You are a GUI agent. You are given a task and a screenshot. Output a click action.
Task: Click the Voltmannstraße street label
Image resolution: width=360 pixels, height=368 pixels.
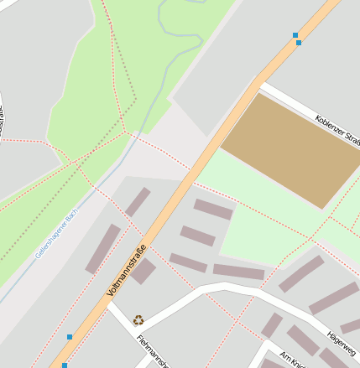(x=127, y=270)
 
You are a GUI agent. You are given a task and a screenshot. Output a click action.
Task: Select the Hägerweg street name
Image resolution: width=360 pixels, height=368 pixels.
(x=344, y=337)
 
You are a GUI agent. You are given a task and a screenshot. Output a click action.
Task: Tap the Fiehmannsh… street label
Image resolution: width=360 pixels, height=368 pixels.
(x=153, y=352)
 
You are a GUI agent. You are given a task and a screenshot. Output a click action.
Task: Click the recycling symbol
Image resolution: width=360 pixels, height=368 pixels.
(x=138, y=319)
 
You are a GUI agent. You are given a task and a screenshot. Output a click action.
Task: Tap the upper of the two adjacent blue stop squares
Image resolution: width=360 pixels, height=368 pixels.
(x=295, y=35)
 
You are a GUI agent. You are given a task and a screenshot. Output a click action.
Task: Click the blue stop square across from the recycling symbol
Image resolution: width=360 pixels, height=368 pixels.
(x=70, y=337)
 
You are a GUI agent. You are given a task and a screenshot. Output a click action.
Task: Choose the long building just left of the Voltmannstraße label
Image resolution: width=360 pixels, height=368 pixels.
(x=103, y=248)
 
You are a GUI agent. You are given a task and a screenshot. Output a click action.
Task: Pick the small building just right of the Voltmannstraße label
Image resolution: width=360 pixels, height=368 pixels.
(x=143, y=271)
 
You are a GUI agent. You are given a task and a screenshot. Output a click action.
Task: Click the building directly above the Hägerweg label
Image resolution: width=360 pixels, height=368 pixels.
(x=334, y=298)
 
